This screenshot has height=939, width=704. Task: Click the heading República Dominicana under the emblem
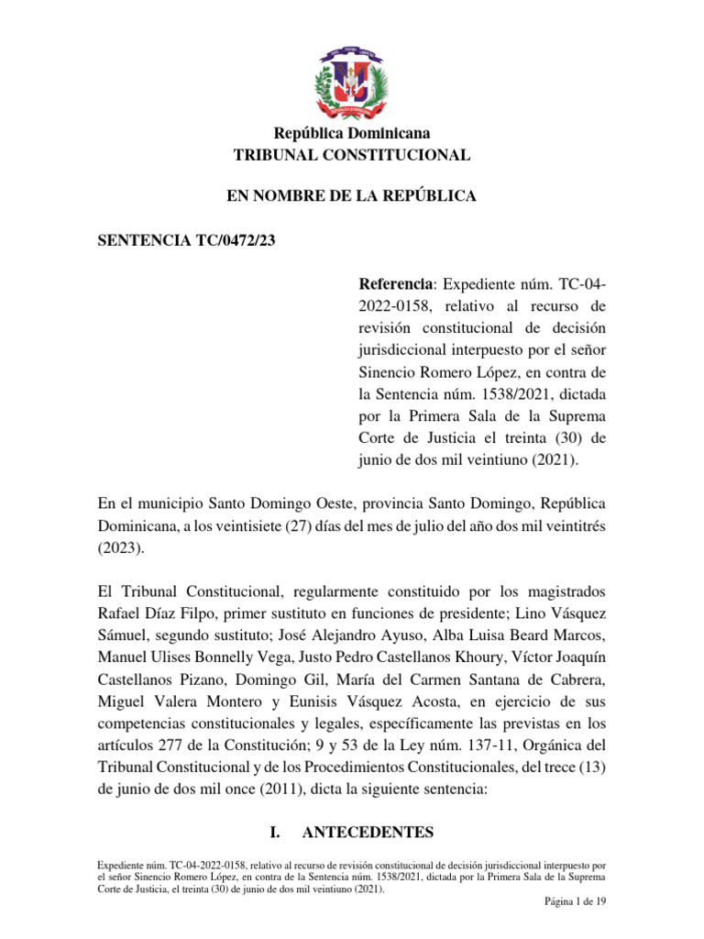(352, 134)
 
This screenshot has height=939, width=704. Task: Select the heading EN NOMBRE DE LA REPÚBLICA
(352, 196)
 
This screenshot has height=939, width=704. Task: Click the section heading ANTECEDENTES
(368, 832)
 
